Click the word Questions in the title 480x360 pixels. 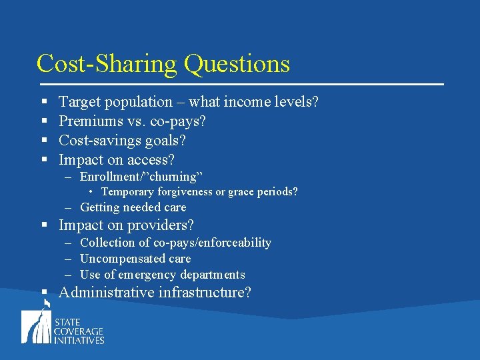237,64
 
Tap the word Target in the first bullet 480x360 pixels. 79,102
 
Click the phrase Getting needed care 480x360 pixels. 133,208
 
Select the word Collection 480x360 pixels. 107,243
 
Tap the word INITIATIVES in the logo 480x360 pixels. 81,340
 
